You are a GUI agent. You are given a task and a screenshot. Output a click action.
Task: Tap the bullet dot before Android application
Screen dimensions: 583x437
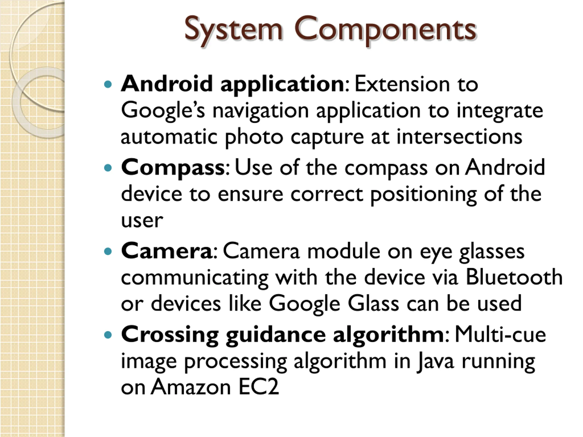click(x=108, y=85)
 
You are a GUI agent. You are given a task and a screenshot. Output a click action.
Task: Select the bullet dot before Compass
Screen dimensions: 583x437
click(x=108, y=168)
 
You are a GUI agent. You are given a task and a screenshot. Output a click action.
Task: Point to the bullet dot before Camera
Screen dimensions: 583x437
click(x=108, y=251)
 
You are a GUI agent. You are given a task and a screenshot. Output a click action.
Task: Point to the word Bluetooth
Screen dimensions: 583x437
click(x=514, y=277)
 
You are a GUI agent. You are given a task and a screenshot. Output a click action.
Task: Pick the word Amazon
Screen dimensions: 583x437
click(x=191, y=387)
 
